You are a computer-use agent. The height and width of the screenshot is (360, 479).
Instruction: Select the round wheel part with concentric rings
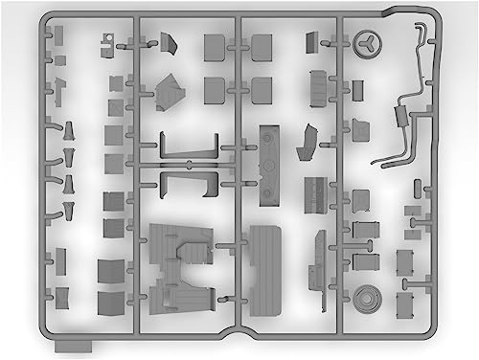(x=365, y=295)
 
